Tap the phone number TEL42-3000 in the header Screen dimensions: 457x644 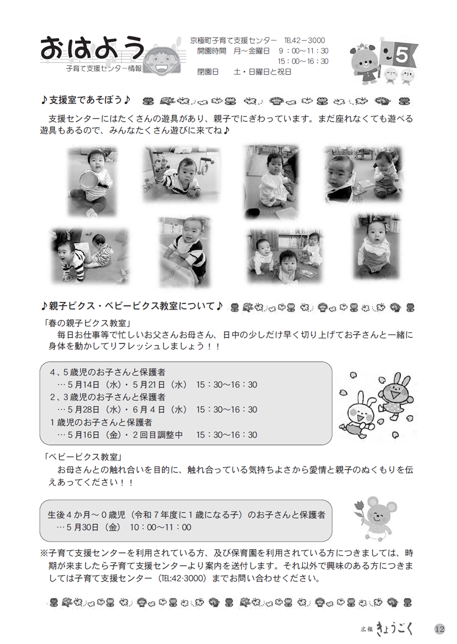coord(304,41)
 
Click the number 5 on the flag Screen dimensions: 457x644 coord(402,55)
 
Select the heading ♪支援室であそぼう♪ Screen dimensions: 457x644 coord(86,101)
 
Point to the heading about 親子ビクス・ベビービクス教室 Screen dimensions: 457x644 coord(132,306)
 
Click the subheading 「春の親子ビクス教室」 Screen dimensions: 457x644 coord(88,323)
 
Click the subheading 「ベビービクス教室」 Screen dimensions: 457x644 coord(83,457)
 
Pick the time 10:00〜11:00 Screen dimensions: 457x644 coord(160,527)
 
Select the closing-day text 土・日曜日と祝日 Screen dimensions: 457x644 coord(263,72)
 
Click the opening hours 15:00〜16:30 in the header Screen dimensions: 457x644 coord(303,61)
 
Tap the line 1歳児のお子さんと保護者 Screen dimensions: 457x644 coord(101,422)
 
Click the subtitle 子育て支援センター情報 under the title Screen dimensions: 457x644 coord(104,69)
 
